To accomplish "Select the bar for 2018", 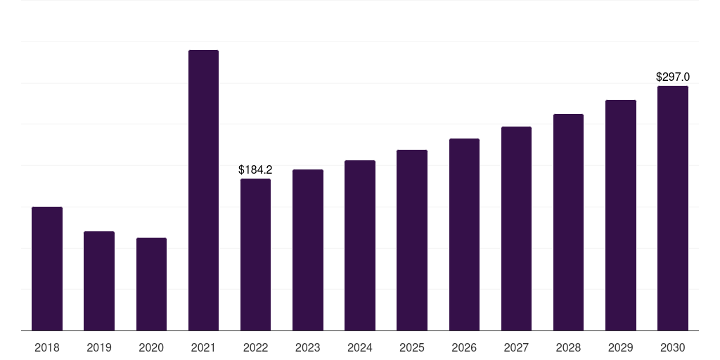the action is click(47, 269).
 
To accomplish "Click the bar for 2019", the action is click(99, 281).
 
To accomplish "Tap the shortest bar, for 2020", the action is click(151, 284).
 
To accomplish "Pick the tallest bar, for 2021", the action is click(203, 190).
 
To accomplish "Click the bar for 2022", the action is click(255, 255).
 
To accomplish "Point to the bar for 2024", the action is click(360, 245).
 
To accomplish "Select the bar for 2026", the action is click(464, 234).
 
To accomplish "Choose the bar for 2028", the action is click(568, 222).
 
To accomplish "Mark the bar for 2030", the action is click(673, 208).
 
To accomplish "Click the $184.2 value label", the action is click(255, 170).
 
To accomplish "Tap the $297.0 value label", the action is click(673, 77).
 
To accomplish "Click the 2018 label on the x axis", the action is click(47, 347).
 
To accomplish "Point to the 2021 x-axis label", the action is click(203, 347).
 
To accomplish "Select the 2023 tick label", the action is click(308, 347).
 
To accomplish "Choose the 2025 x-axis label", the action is click(412, 347).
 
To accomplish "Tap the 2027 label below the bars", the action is click(516, 347).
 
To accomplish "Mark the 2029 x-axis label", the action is click(621, 347).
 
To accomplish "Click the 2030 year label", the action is click(673, 347).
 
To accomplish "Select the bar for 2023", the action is click(308, 250).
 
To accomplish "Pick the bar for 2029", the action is click(621, 215).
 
